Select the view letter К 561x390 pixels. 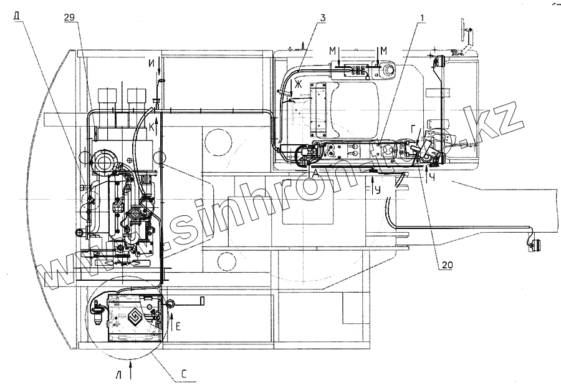tap(151, 126)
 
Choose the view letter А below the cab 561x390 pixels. tap(317, 176)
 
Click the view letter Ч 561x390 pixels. tap(431, 178)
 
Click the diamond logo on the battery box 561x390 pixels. tap(133, 316)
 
